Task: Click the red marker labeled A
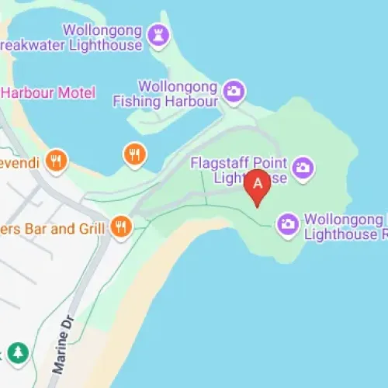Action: (257, 185)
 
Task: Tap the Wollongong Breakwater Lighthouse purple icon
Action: (160, 33)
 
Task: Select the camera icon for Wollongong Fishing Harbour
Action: (232, 91)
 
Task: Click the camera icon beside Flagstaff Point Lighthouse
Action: (303, 166)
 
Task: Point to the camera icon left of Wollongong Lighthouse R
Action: (288, 224)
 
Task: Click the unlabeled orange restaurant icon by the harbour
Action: (134, 154)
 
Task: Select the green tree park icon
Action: (18, 353)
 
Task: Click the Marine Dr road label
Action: (66, 348)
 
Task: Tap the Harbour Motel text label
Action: (48, 93)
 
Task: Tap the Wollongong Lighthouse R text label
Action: (345, 226)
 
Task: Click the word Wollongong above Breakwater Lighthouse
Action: (103, 31)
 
